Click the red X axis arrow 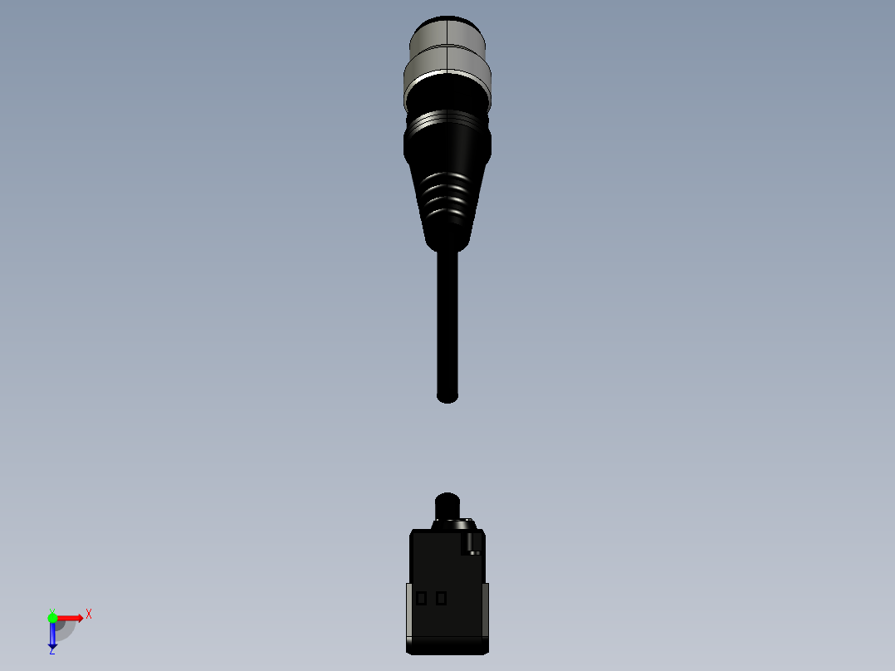click(71, 618)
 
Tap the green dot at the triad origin click(52, 618)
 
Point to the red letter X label click(88, 614)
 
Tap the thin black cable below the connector click(447, 324)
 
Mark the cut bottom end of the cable click(447, 398)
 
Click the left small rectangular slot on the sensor click(422, 598)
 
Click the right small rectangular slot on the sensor click(441, 598)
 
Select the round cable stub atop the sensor click(447, 505)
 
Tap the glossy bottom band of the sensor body click(447, 644)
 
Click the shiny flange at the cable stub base click(452, 524)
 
